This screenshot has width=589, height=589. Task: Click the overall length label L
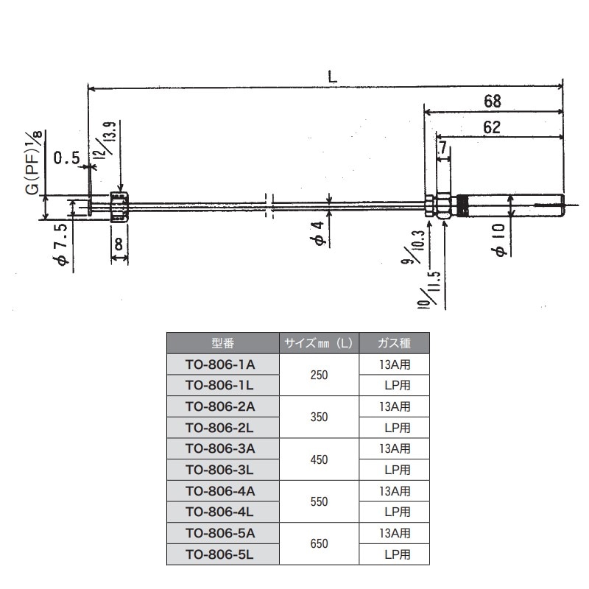[x=332, y=74]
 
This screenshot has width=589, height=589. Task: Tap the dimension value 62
[x=493, y=127]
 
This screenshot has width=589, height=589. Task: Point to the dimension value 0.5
[x=67, y=157]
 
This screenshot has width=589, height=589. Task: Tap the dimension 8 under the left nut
[x=119, y=243]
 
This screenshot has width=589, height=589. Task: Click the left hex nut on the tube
[x=119, y=207]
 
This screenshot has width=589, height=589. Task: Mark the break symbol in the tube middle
[x=269, y=205]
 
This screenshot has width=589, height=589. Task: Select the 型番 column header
[x=222, y=342]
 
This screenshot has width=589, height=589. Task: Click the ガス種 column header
[x=393, y=342]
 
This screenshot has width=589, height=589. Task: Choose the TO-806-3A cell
[x=222, y=448]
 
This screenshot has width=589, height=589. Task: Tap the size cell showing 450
[x=319, y=459]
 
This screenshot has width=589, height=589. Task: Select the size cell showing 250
[x=319, y=374]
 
